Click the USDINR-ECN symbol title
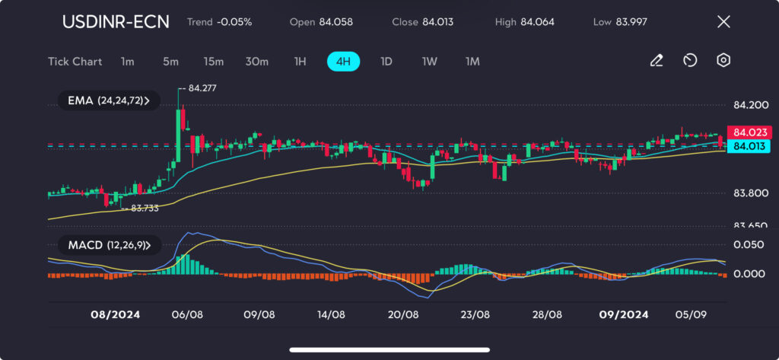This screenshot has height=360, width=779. (x=116, y=21)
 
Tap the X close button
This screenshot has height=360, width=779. (x=723, y=21)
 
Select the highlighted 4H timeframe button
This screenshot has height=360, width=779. (x=343, y=62)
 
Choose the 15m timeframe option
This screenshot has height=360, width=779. (x=213, y=62)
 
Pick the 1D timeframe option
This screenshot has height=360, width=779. (x=386, y=62)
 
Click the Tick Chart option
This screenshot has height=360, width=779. (x=75, y=62)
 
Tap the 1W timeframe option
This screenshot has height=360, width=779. (x=429, y=62)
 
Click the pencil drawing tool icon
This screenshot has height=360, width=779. (x=656, y=61)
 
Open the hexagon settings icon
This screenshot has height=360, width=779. (x=723, y=61)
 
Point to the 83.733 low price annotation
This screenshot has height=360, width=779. (x=145, y=208)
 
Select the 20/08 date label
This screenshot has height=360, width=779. (x=403, y=314)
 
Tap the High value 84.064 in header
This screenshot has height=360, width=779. (x=537, y=21)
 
